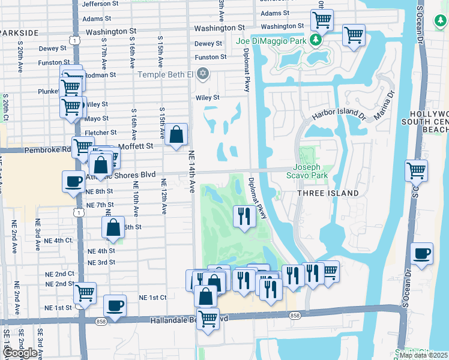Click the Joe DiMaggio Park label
click(267, 41)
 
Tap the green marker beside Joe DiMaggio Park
click(315, 41)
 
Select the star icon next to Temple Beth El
click(203, 74)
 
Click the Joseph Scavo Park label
click(310, 172)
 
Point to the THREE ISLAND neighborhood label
click(328, 193)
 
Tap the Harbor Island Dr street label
click(339, 114)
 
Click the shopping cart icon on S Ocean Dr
click(416, 170)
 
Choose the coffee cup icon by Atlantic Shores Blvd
click(73, 181)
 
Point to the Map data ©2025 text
click(423, 355)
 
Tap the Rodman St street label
click(100, 75)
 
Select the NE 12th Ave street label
click(163, 196)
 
